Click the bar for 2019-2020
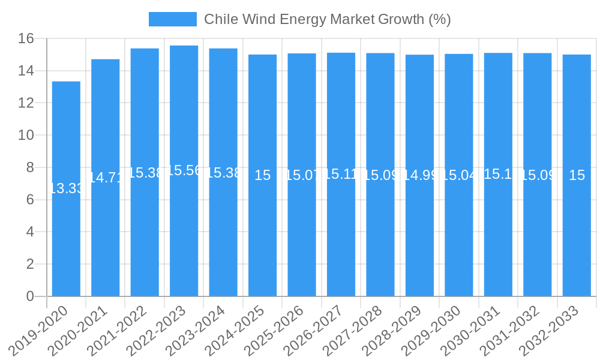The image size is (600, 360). (66, 240)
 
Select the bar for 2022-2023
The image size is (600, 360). (184, 240)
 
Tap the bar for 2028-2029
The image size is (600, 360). (419, 240)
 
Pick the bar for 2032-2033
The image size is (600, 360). (577, 240)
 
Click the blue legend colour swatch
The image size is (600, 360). (172, 19)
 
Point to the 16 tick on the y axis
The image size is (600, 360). (26, 39)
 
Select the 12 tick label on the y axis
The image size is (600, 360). (26, 103)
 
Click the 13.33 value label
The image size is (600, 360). (66, 188)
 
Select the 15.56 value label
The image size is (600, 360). (184, 170)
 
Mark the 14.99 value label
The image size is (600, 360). (419, 175)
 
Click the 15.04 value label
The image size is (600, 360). (459, 175)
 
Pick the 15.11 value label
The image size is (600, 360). (341, 174)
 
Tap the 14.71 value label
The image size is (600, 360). (106, 178)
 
